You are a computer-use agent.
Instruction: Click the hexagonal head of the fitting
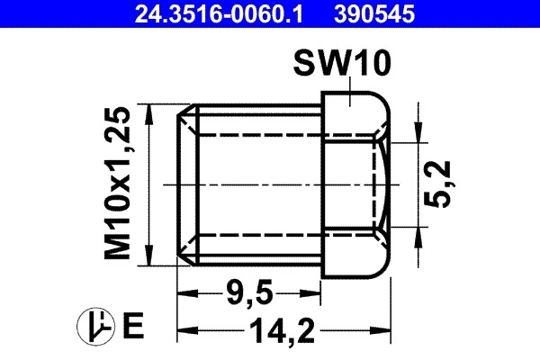[x=355, y=184]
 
